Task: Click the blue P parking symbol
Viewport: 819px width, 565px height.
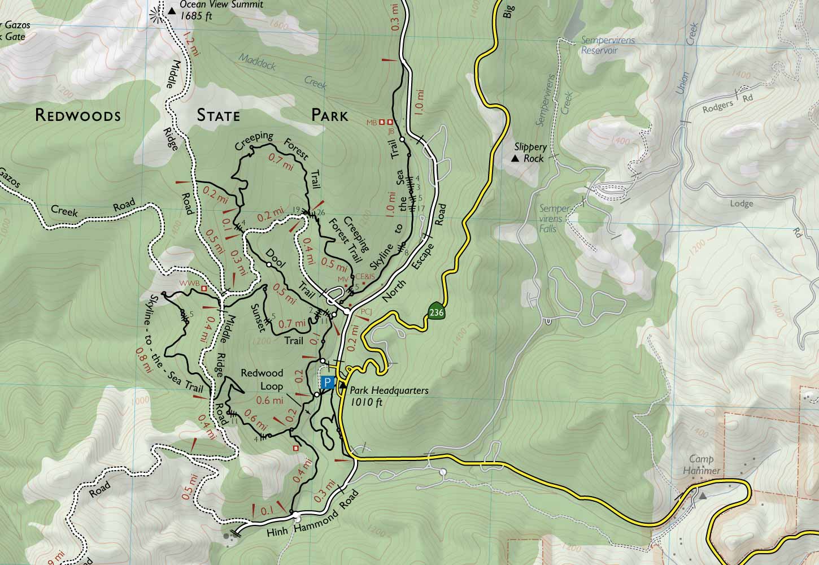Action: click(x=326, y=383)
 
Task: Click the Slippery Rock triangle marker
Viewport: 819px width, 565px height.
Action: click(x=515, y=159)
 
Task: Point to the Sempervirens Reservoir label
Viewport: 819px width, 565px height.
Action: click(x=599, y=45)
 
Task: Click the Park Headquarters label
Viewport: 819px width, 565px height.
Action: click(x=389, y=395)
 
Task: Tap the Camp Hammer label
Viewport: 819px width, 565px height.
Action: click(x=704, y=465)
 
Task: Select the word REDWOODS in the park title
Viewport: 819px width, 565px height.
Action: click(x=77, y=116)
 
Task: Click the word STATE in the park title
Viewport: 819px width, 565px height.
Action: click(x=218, y=116)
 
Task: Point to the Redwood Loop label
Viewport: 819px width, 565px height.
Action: click(x=262, y=380)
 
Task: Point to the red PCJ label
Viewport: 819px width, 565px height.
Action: click(x=365, y=311)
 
